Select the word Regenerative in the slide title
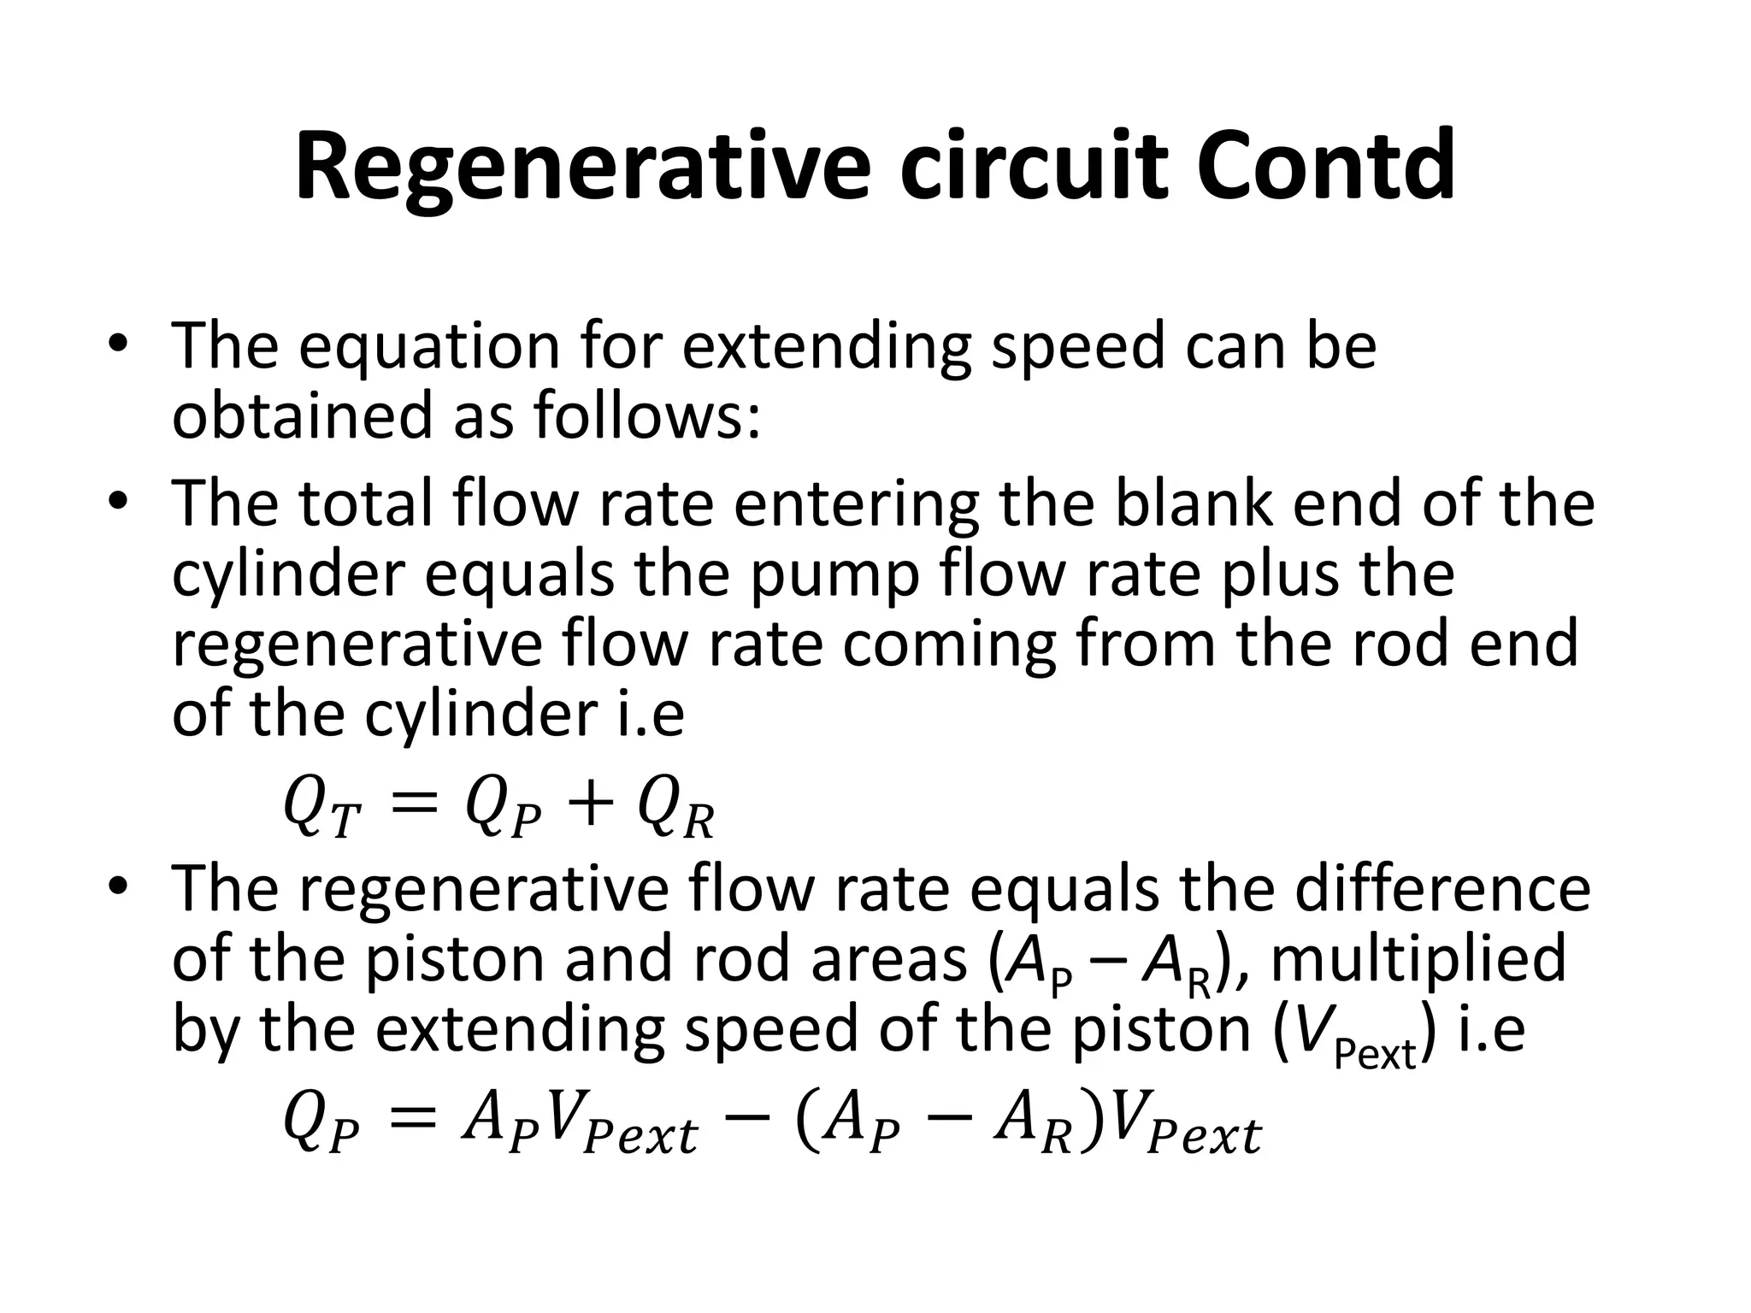coord(582,167)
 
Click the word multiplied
coord(1418,959)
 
